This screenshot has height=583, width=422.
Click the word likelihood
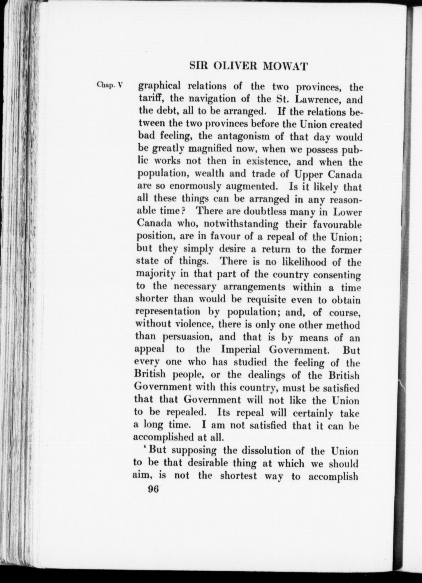point(304,262)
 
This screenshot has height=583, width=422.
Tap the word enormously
point(195,187)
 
